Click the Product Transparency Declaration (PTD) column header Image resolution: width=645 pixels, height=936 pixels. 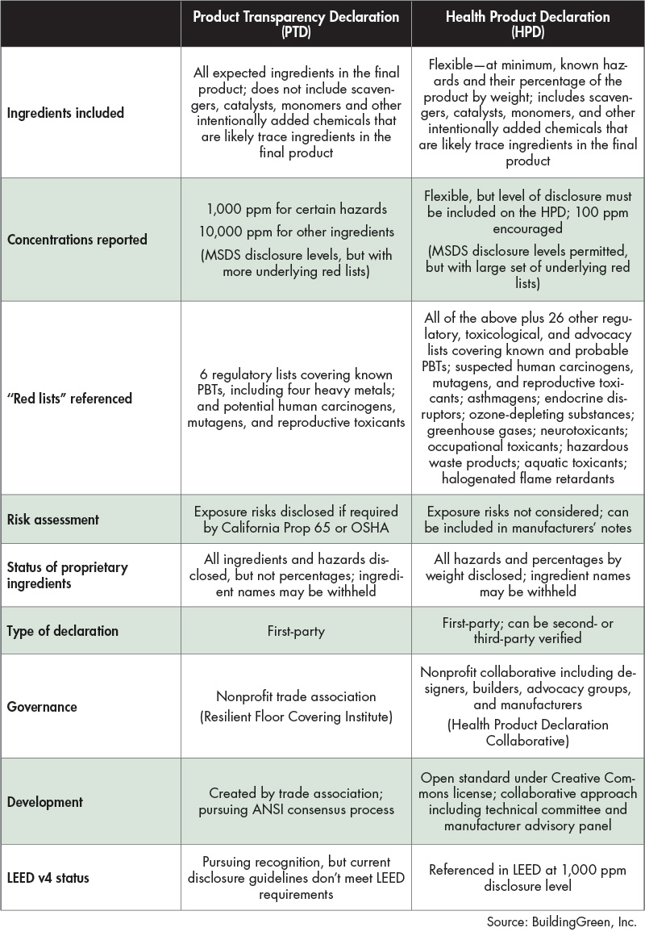[x=296, y=23]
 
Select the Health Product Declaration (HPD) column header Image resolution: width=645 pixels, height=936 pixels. [x=528, y=23]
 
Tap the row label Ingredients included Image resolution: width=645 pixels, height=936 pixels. [x=66, y=113]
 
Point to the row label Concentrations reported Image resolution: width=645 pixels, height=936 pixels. [x=77, y=240]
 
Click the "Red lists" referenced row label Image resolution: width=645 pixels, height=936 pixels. [x=69, y=398]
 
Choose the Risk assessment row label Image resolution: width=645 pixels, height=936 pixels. [x=53, y=520]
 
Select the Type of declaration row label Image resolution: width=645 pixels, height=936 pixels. [x=62, y=630]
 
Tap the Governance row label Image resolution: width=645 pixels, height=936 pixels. [x=42, y=707]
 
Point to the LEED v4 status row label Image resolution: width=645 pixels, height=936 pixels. [x=49, y=877]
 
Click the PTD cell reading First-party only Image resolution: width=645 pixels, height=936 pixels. [x=296, y=631]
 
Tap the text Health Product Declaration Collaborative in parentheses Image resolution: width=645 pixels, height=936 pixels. [x=528, y=732]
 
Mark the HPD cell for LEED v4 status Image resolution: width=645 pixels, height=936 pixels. [x=528, y=877]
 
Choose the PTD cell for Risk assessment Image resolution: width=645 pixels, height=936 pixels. [x=296, y=520]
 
